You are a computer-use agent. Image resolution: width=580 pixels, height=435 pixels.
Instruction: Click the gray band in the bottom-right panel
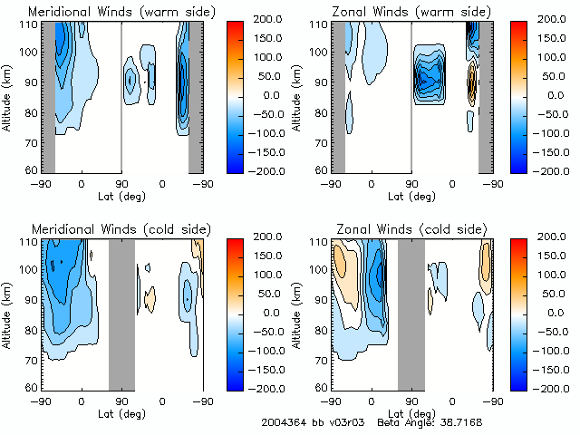(x=411, y=314)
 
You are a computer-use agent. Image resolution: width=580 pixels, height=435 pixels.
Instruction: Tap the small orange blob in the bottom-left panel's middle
(x=150, y=296)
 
